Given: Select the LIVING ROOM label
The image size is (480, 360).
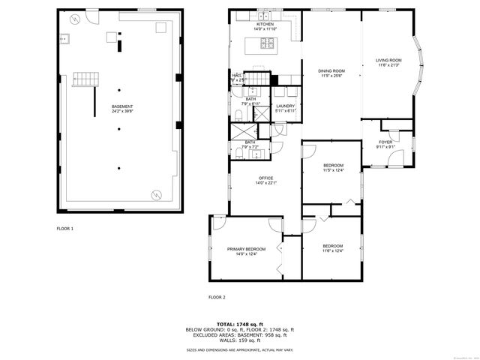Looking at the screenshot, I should pos(388,62).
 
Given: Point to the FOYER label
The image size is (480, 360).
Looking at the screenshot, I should pos(385,143).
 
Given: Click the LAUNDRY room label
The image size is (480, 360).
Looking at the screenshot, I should pos(285,108).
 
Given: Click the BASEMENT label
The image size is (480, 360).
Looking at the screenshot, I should pos(122,109).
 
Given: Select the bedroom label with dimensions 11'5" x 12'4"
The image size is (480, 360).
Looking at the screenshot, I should pos(333,166).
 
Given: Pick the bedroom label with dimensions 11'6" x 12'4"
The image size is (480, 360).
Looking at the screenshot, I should pos(333,248).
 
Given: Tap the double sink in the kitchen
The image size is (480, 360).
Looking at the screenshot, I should pos(265,15).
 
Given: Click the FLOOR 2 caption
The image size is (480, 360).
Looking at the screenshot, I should pos(217,297).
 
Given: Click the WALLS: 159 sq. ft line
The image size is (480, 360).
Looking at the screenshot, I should pos(240,339).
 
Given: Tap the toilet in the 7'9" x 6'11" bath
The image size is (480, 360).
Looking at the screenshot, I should pos(238,115).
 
